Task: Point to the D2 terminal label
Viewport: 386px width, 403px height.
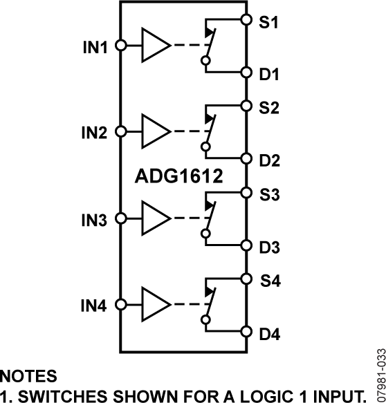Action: (x=270, y=160)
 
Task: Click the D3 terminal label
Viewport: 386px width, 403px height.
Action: (x=270, y=246)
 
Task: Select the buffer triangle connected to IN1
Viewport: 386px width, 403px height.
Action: (x=155, y=46)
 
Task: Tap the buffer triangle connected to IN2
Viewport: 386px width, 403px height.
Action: (x=155, y=131)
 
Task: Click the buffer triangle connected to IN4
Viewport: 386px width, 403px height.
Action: (x=155, y=304)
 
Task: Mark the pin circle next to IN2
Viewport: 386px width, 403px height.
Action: (x=120, y=131)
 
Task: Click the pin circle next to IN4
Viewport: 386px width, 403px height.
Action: (x=120, y=304)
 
